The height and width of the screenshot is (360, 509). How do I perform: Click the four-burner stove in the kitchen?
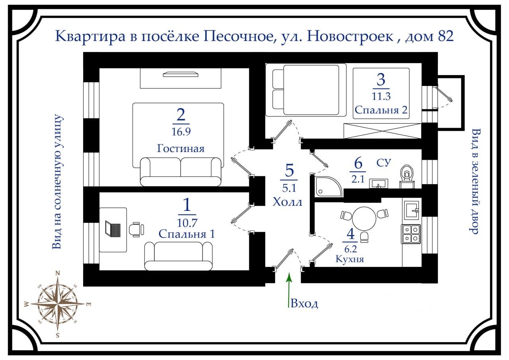pyautogui.click(x=411, y=234)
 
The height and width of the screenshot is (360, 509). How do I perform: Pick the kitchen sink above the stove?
pyautogui.click(x=411, y=209)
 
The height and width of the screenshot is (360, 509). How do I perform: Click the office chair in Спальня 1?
pyautogui.click(x=136, y=230)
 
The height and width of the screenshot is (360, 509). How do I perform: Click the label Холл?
pyautogui.click(x=288, y=202)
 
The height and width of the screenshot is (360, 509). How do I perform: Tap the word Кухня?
pyautogui.click(x=350, y=259)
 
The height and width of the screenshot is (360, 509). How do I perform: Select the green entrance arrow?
pyautogui.click(x=289, y=290)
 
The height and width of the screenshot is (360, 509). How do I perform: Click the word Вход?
pyautogui.click(x=305, y=304)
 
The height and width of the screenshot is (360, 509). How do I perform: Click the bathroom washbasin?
pyautogui.click(x=378, y=183)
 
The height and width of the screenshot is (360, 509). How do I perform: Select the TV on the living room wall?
pyautogui.click(x=180, y=74)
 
